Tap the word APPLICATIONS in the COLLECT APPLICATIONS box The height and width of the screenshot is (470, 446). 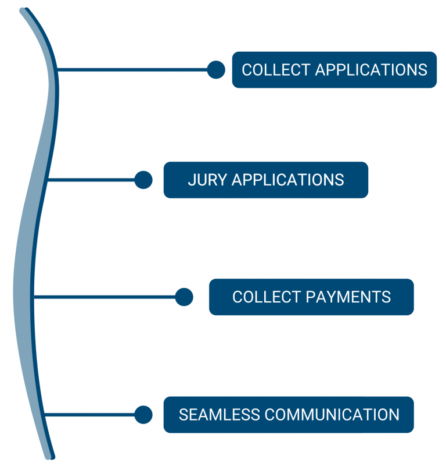[371, 70]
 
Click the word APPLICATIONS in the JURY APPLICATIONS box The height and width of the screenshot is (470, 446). [288, 180]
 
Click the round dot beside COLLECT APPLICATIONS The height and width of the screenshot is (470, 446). [216, 70]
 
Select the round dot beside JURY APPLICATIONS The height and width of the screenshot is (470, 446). [143, 180]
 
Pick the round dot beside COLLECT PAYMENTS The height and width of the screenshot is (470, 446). [184, 297]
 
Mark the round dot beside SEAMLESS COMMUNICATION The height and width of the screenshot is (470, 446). [143, 415]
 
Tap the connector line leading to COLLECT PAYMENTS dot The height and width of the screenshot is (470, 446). [105, 297]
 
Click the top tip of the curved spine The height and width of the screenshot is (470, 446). [24, 11]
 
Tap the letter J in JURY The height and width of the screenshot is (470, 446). [191, 180]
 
